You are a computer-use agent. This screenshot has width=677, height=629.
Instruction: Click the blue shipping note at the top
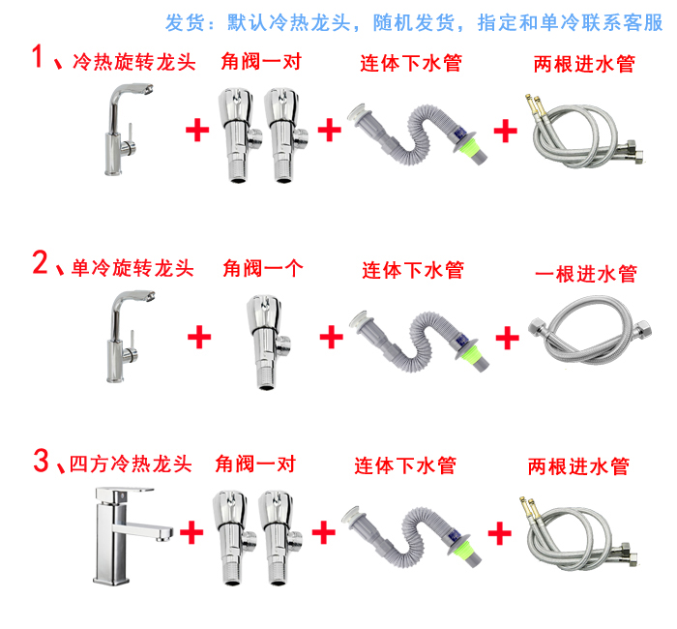tap(414, 22)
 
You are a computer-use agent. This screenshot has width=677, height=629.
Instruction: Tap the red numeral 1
tap(38, 56)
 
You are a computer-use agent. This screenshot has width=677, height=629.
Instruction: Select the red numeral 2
tap(40, 262)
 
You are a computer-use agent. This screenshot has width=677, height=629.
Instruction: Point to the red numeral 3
tap(42, 460)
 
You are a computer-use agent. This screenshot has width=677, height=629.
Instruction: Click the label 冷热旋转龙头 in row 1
tap(133, 62)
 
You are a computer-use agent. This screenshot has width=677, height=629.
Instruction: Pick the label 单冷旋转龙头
tap(132, 268)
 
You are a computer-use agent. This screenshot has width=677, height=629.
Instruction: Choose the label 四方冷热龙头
tap(131, 464)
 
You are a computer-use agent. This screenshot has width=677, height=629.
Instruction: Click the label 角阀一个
tap(263, 268)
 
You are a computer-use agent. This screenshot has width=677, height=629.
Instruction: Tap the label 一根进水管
tap(586, 274)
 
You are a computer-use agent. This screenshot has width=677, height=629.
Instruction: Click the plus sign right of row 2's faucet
tap(199, 337)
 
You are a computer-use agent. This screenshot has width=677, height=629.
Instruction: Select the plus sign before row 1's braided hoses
tap(505, 131)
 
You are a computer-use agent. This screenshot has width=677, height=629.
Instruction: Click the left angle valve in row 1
tap(239, 135)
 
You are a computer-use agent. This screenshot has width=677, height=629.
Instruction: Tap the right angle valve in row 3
tap(279, 538)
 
